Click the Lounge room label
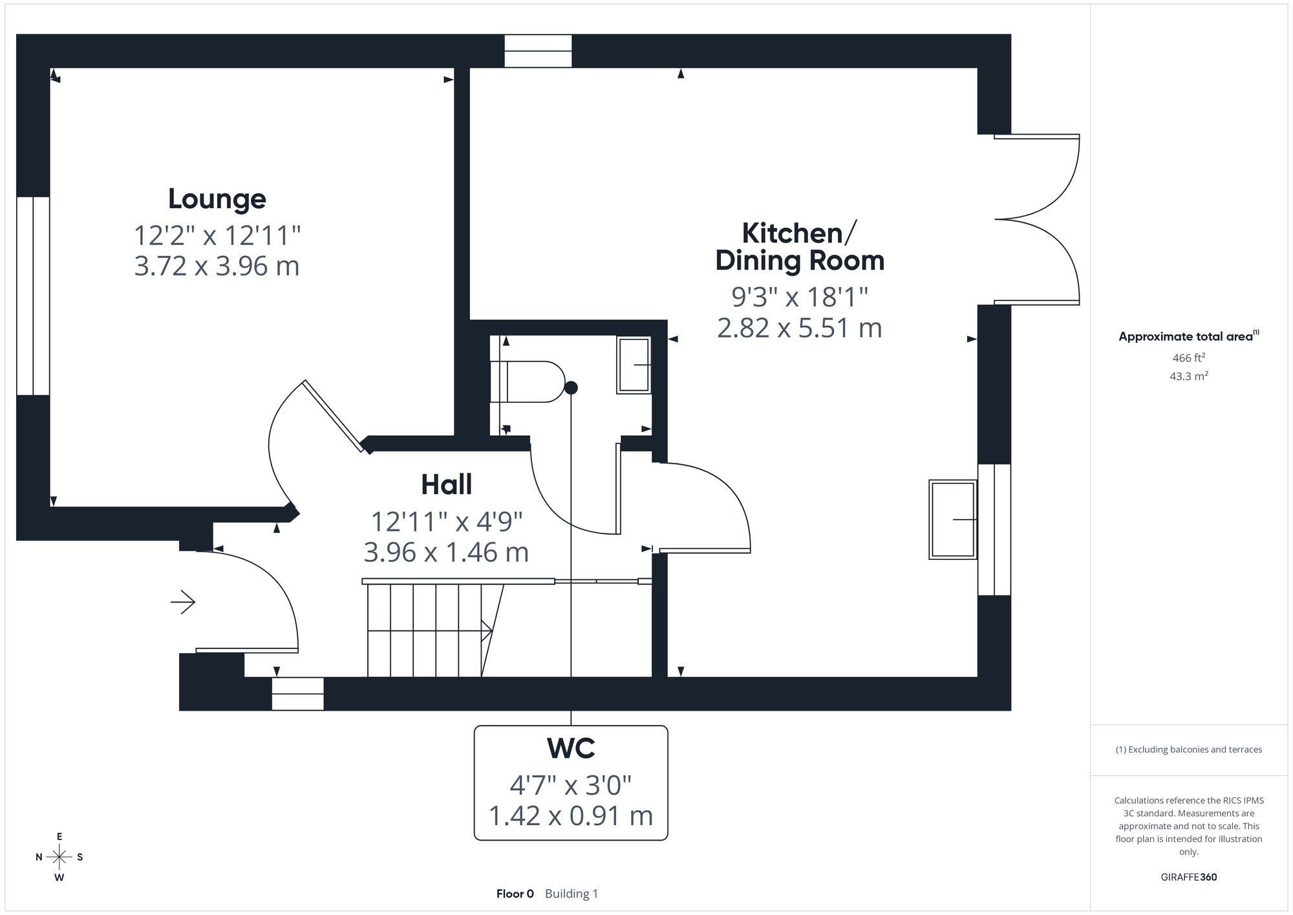click(x=217, y=199)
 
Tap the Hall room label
click(x=447, y=484)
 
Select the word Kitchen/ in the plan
click(x=800, y=233)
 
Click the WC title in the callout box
click(x=571, y=748)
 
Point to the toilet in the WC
click(x=528, y=382)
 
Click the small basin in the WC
click(x=634, y=365)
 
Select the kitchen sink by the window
click(x=953, y=519)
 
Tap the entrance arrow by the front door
click(x=183, y=603)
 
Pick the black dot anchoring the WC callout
click(x=571, y=388)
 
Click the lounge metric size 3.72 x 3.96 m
click(x=217, y=266)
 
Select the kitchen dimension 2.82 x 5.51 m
click(x=800, y=328)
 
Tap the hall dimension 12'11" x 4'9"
click(x=447, y=521)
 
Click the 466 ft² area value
click(x=1189, y=358)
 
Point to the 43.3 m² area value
click(x=1189, y=376)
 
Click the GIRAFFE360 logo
click(x=1189, y=877)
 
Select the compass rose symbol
click(x=59, y=857)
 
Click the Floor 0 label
click(x=515, y=894)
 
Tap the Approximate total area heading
click(x=1189, y=336)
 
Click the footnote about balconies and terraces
click(x=1189, y=749)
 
